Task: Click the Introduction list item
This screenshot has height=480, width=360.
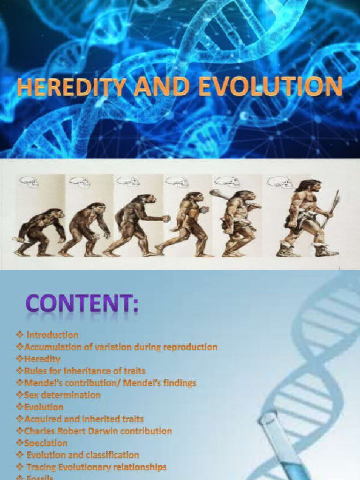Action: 52,335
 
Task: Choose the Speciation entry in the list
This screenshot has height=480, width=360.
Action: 45,443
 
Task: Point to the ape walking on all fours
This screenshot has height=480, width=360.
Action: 40,232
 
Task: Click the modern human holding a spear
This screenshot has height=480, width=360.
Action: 305,216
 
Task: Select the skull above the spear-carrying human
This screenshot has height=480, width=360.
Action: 279,182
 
